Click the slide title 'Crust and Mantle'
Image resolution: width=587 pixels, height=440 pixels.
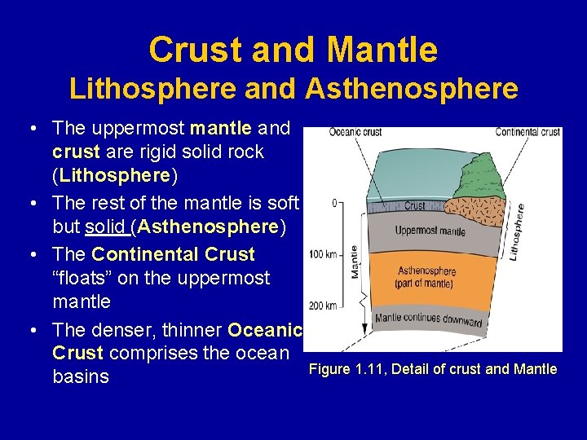293,51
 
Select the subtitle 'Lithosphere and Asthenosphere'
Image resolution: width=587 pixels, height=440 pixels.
293,88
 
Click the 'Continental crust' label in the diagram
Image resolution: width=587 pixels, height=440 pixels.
528,132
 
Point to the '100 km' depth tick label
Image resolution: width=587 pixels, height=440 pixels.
323,255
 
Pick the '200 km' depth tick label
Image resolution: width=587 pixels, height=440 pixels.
323,306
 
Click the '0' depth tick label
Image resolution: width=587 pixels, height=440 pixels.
334,203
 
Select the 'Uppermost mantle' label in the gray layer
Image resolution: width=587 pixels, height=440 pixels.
430,231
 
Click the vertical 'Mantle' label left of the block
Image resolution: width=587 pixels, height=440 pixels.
355,262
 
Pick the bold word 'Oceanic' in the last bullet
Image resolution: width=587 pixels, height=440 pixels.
265,330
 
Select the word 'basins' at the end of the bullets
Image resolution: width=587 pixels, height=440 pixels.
81,376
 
